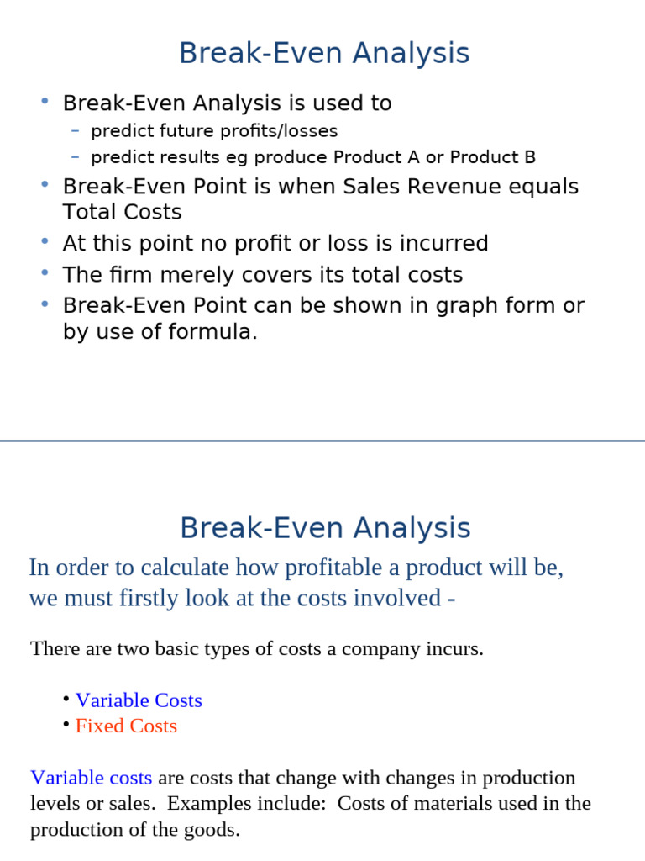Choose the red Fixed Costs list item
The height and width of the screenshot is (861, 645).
[126, 726]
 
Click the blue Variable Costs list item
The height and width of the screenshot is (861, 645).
[139, 700]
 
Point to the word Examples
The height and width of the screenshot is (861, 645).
[202, 803]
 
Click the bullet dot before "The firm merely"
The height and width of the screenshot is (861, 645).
[45, 273]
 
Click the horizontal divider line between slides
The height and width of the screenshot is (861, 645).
[322, 441]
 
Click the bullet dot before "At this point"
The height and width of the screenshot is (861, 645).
[45, 242]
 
